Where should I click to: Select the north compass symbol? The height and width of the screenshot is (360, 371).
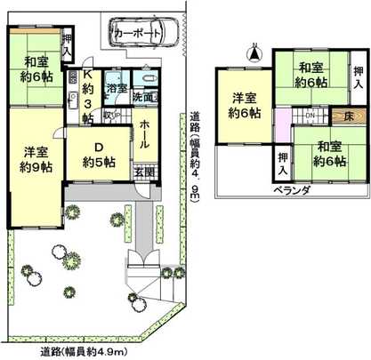click(x=254, y=53)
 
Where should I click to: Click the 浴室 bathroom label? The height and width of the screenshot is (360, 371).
click(x=116, y=89)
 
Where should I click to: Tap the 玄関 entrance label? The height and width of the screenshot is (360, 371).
click(x=143, y=170)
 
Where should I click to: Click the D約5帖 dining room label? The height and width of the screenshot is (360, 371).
click(x=97, y=154)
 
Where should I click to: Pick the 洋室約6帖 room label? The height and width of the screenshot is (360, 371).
click(x=241, y=106)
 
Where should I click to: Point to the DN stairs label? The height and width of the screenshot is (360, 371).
click(x=310, y=116)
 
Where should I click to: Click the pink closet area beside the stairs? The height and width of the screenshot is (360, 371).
click(x=282, y=116)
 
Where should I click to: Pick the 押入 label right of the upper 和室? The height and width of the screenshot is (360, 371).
click(x=357, y=76)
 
